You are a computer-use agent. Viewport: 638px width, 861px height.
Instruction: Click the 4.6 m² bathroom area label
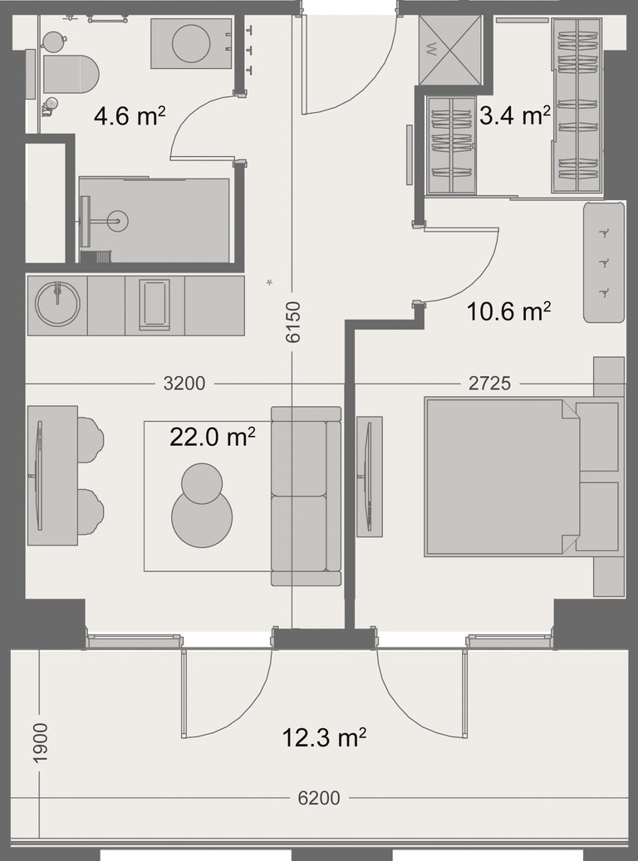click(x=130, y=116)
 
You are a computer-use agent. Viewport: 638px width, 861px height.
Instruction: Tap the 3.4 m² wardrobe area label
click(x=515, y=115)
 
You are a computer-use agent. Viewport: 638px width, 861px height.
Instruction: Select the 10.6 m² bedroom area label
click(x=508, y=311)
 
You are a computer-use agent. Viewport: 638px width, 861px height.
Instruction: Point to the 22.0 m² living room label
click(x=212, y=437)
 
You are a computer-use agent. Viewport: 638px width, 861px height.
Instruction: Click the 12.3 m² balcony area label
click(x=324, y=737)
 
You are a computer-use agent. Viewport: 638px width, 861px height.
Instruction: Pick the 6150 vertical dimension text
click(x=294, y=322)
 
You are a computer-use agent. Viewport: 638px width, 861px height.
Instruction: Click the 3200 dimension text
click(x=184, y=384)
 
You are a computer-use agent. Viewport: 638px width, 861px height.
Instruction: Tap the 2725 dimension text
click(x=489, y=384)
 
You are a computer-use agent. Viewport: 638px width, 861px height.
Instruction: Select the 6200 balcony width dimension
click(x=319, y=798)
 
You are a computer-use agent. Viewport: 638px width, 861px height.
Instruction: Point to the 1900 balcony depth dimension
click(x=41, y=742)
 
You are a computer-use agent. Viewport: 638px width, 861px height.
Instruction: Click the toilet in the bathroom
click(x=71, y=74)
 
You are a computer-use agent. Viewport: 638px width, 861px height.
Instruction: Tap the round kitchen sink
click(x=57, y=304)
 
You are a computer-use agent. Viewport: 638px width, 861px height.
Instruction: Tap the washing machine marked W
click(x=450, y=50)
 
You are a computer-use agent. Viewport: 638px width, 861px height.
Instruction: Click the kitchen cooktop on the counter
click(x=155, y=305)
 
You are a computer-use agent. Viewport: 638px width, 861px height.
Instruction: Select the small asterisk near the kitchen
click(x=269, y=283)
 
